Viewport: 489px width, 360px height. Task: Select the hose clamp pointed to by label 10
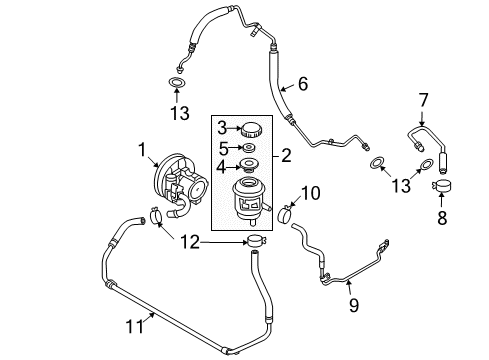click(x=284, y=214)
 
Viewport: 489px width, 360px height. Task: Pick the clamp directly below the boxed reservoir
click(x=254, y=242)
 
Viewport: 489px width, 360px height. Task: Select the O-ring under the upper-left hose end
click(x=176, y=83)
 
